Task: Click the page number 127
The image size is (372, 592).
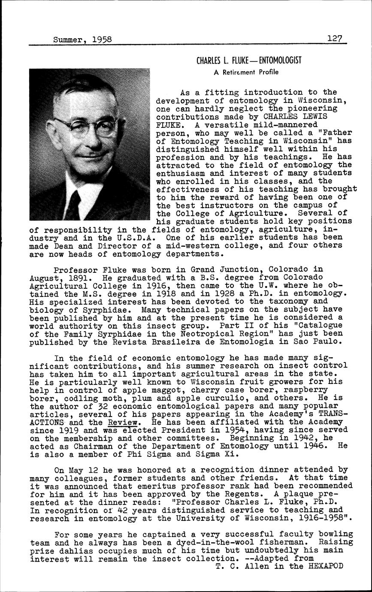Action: click(x=336, y=38)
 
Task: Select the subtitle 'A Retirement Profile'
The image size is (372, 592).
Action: click(x=246, y=72)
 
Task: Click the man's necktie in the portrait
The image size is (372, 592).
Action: click(x=73, y=205)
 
